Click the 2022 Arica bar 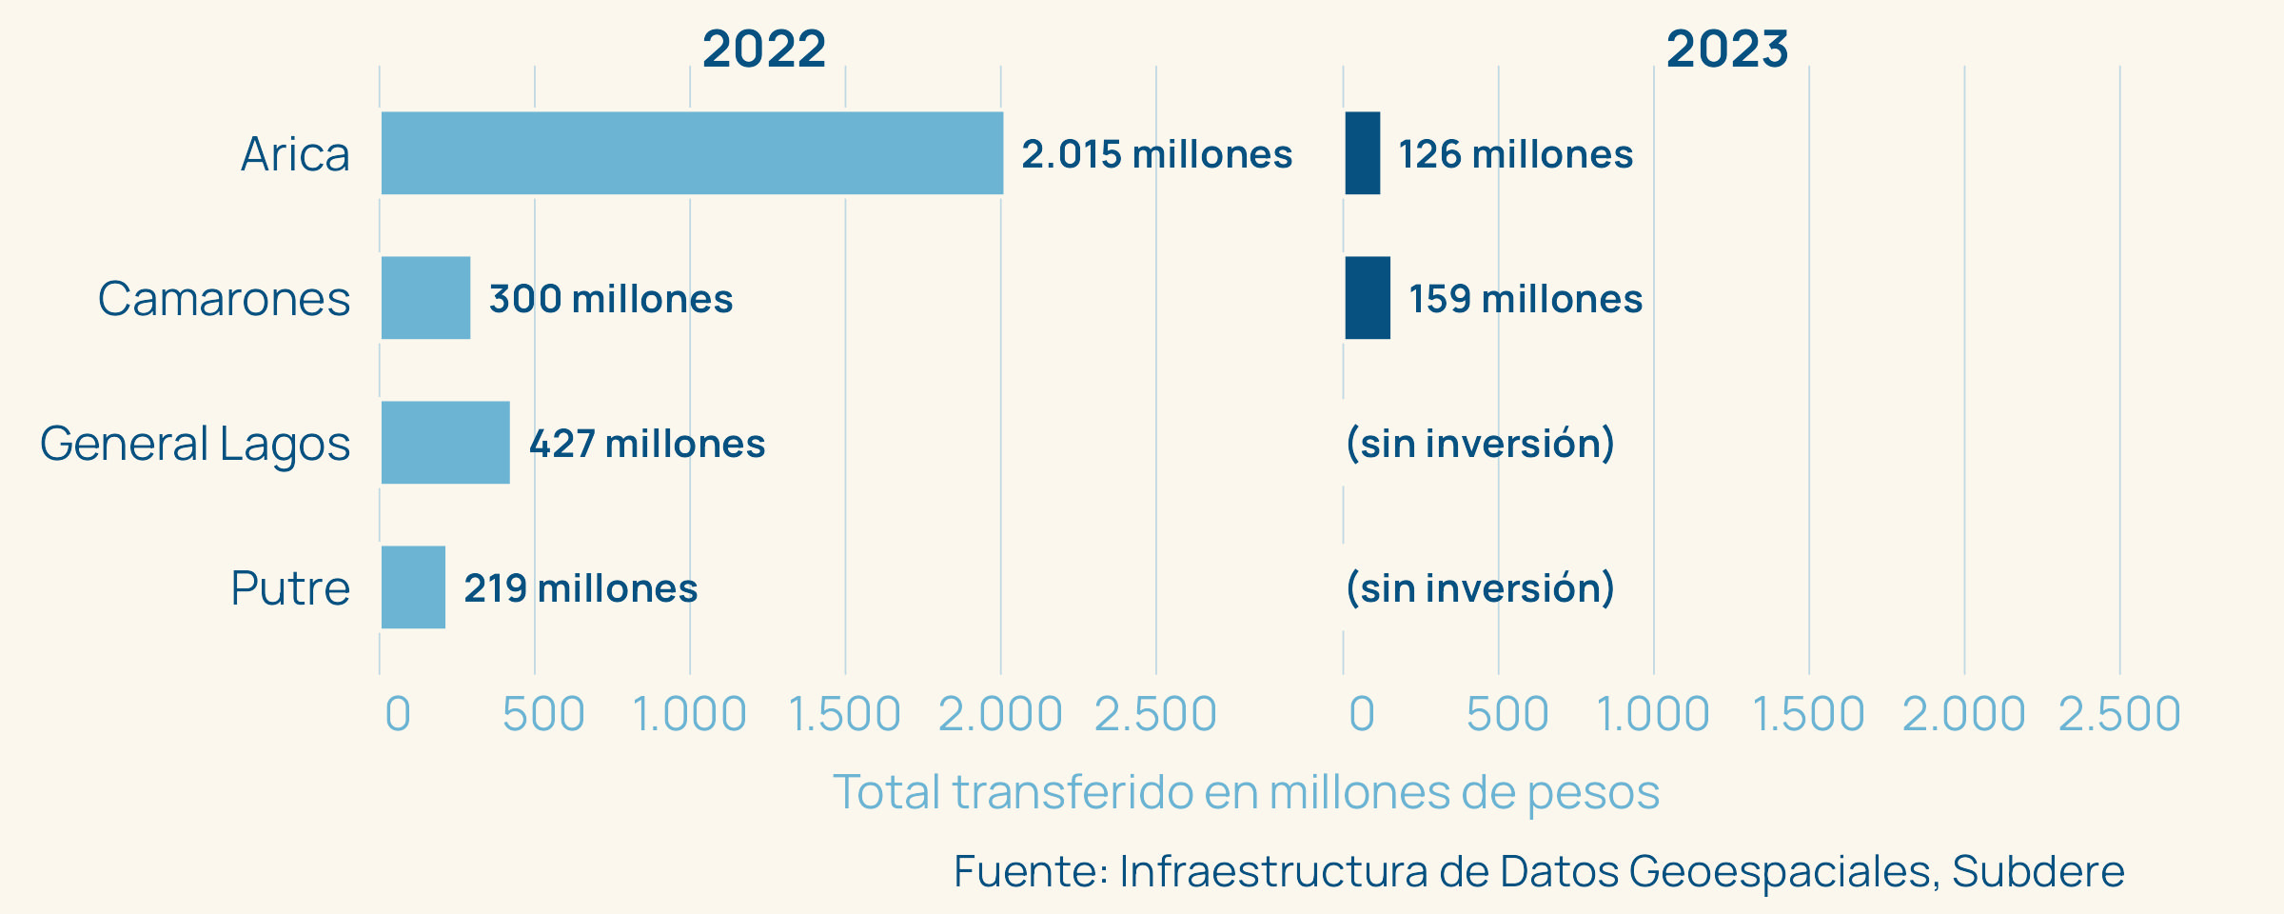click(692, 153)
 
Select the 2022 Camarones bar click(425, 298)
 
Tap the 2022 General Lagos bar click(445, 443)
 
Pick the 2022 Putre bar click(413, 587)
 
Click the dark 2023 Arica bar click(1362, 153)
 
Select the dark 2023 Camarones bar click(1368, 298)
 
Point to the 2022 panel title click(764, 50)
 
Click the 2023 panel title click(1727, 50)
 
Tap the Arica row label click(295, 154)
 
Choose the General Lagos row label click(195, 444)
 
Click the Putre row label click(290, 588)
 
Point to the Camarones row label click(224, 299)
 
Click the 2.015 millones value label click(1156, 154)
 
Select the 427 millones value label click(647, 444)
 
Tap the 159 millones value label click(1526, 299)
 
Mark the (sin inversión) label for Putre click(1480, 588)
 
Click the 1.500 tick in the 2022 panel click(844, 714)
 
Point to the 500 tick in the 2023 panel click(1507, 714)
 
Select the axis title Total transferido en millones click(1246, 792)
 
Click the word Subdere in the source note click(2038, 871)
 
